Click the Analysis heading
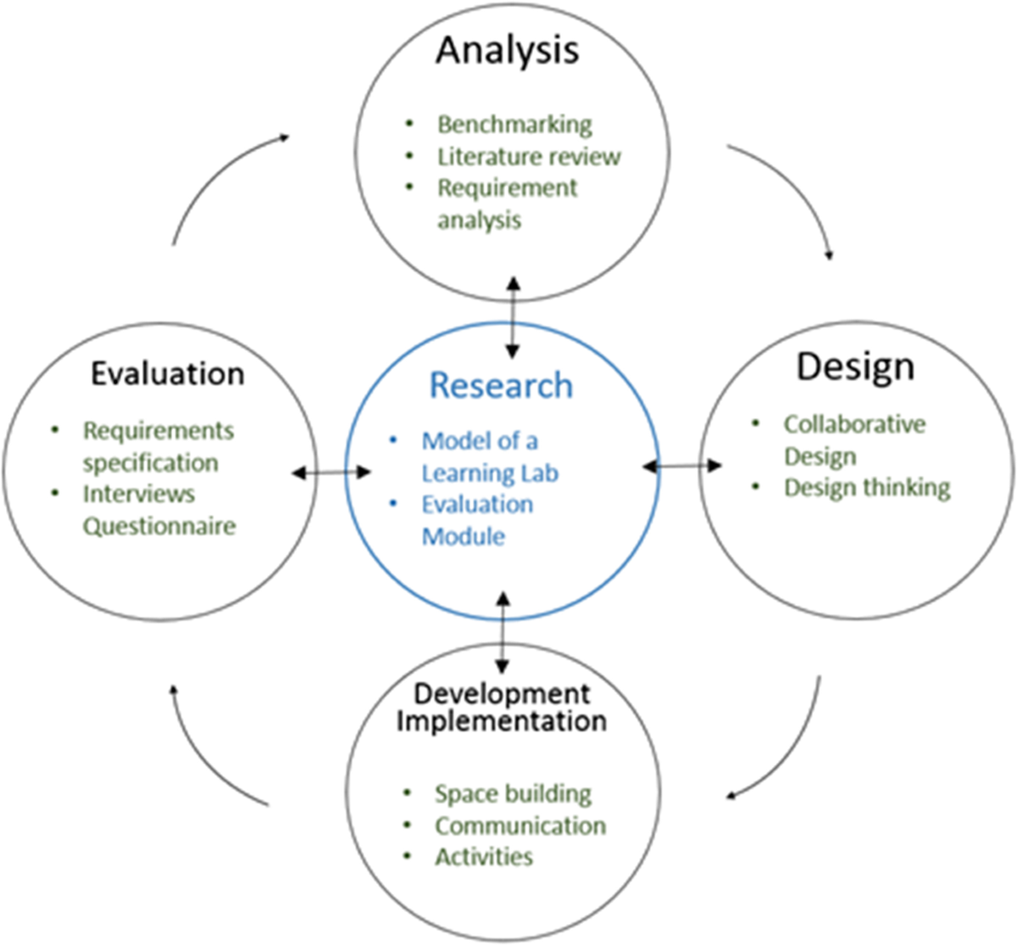pyautogui.click(x=507, y=51)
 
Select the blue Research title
pyautogui.click(x=501, y=386)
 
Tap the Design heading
pyautogui.click(x=855, y=367)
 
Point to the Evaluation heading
pyautogui.click(x=168, y=374)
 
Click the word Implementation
pyautogui.click(x=502, y=722)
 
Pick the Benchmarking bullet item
pyautogui.click(x=514, y=125)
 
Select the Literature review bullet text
pyautogui.click(x=529, y=157)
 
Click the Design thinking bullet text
pyautogui.click(x=866, y=488)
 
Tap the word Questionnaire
pyautogui.click(x=159, y=526)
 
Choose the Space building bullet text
pyautogui.click(x=513, y=794)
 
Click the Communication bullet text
pyautogui.click(x=520, y=826)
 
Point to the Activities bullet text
pyautogui.click(x=484, y=857)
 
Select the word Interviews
pyautogui.click(x=139, y=494)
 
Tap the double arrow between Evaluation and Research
pyautogui.click(x=331, y=473)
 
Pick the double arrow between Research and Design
pyautogui.click(x=682, y=465)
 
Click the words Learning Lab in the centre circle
pyautogui.click(x=490, y=473)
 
